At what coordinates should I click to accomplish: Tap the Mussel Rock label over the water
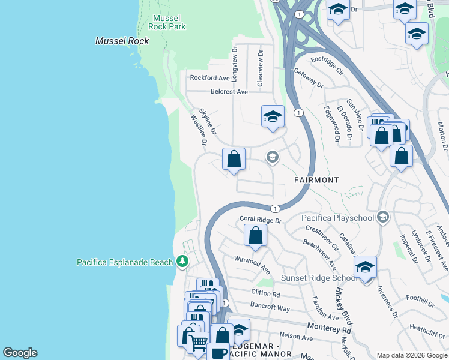point(122,41)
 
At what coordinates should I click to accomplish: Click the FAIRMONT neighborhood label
point(316,180)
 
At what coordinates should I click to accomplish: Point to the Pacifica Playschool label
point(337,218)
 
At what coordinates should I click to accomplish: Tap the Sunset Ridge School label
point(320,278)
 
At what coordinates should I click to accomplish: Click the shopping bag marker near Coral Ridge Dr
point(255,235)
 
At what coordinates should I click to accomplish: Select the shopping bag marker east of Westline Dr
point(234,160)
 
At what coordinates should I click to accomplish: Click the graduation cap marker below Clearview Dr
point(273,116)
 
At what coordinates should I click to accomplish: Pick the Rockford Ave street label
point(209,78)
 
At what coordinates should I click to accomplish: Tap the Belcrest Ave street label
point(229,92)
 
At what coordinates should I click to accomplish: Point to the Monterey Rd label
point(329,329)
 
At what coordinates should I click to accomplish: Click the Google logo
point(20,353)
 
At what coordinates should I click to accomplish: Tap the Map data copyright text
point(412,355)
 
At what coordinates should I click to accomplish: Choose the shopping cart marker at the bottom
point(198,343)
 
